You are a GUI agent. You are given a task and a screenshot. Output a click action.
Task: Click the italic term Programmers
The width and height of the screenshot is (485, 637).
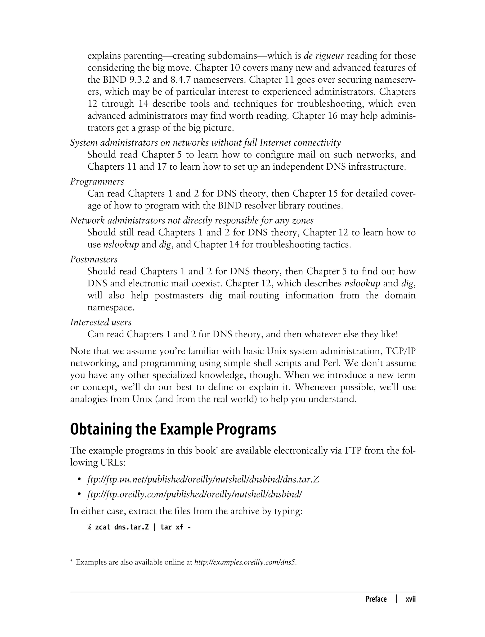(x=97, y=182)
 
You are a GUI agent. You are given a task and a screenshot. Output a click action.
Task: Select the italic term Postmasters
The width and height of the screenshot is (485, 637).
(x=94, y=259)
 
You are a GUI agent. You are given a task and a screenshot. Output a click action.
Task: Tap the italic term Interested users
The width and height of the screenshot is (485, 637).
(x=101, y=322)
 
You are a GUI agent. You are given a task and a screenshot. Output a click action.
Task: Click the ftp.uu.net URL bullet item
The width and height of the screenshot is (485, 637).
(x=203, y=480)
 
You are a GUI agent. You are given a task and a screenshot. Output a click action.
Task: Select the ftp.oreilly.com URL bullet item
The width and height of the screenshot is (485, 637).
(x=194, y=494)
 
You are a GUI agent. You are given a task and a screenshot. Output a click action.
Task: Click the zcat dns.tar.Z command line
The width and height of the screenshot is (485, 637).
(x=139, y=527)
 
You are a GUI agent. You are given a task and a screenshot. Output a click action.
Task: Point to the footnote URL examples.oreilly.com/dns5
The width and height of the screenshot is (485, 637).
(x=245, y=562)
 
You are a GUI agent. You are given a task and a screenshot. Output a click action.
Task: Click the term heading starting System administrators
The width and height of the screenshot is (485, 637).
(x=205, y=143)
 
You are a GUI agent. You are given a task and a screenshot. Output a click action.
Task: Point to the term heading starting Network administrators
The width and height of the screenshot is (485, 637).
(x=192, y=221)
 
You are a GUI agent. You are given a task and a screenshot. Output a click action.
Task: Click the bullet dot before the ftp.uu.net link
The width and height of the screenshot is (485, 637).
(x=79, y=480)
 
